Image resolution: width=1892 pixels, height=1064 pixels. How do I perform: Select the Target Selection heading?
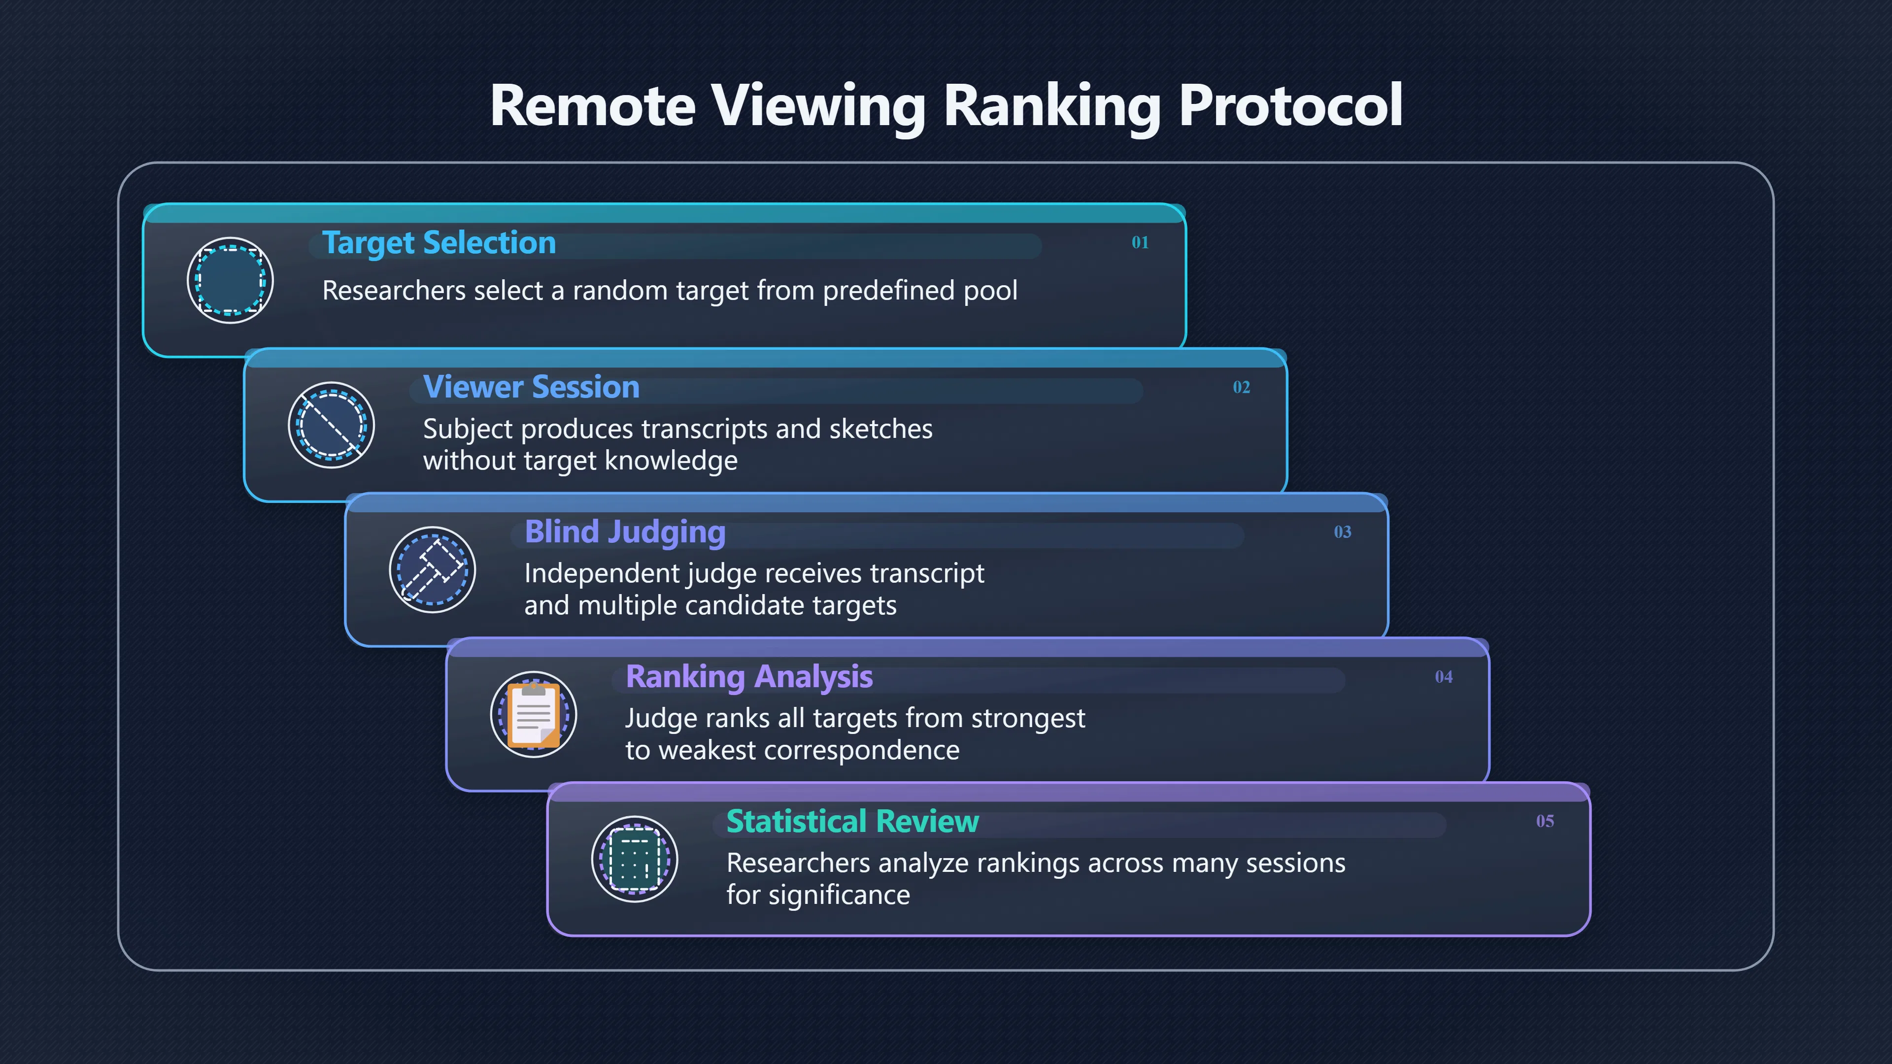click(x=439, y=243)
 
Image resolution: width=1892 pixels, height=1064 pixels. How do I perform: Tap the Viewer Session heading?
click(x=531, y=387)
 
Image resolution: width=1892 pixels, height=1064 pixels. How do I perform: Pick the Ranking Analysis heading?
click(x=749, y=677)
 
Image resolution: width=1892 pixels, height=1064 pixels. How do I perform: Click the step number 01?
click(x=1140, y=242)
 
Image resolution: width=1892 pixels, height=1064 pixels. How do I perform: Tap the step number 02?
click(x=1241, y=387)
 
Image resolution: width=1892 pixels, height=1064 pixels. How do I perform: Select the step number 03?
click(x=1343, y=532)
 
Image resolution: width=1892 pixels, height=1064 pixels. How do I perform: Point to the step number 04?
click(x=1444, y=676)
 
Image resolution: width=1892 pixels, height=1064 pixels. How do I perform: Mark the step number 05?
click(x=1545, y=821)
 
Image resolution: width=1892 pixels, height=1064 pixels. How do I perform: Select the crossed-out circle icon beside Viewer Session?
click(x=331, y=425)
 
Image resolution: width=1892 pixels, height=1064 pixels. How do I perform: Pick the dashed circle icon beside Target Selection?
click(x=231, y=280)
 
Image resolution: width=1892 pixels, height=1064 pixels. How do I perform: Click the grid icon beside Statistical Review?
click(x=635, y=859)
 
